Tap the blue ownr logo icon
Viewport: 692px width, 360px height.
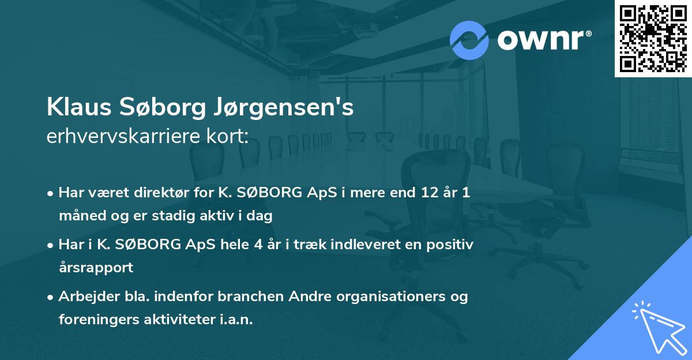[x=469, y=40]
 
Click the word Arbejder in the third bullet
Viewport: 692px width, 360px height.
[x=85, y=297]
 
